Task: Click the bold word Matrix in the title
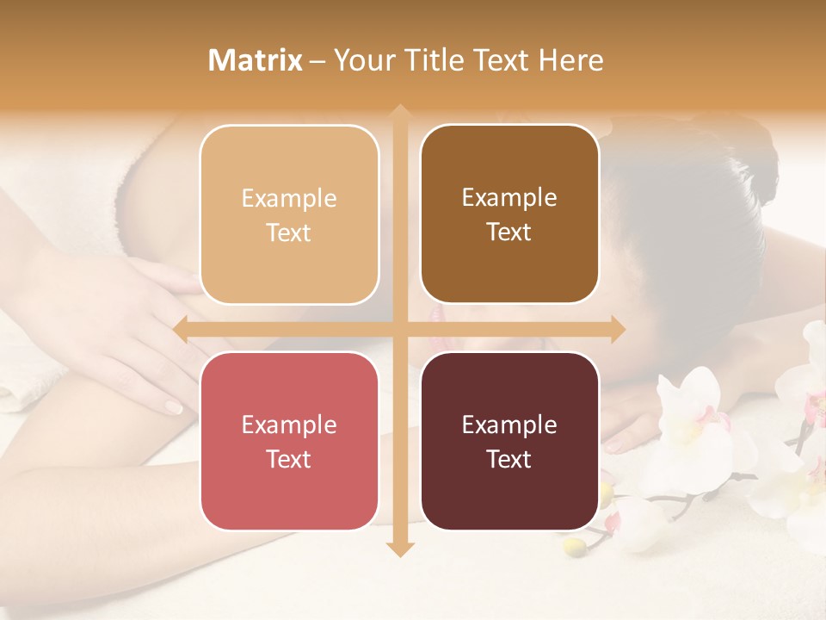click(256, 60)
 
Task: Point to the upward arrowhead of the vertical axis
click(399, 113)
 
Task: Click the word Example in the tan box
click(289, 199)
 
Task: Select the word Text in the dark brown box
click(509, 232)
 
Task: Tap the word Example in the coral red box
click(289, 425)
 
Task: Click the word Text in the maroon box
click(509, 459)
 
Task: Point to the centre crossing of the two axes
click(399, 329)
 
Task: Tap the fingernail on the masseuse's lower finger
click(174, 406)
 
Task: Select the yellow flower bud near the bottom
click(571, 545)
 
